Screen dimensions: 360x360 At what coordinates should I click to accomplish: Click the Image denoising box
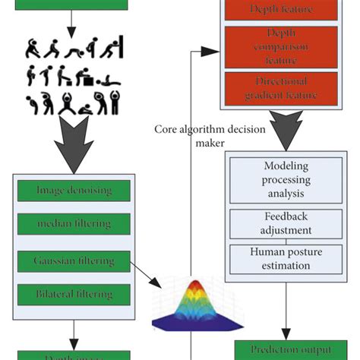[74, 191]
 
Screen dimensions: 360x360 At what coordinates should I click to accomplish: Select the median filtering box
[74, 224]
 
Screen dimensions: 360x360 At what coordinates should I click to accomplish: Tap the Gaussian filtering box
[74, 260]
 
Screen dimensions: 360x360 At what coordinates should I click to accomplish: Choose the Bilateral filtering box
[74, 293]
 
